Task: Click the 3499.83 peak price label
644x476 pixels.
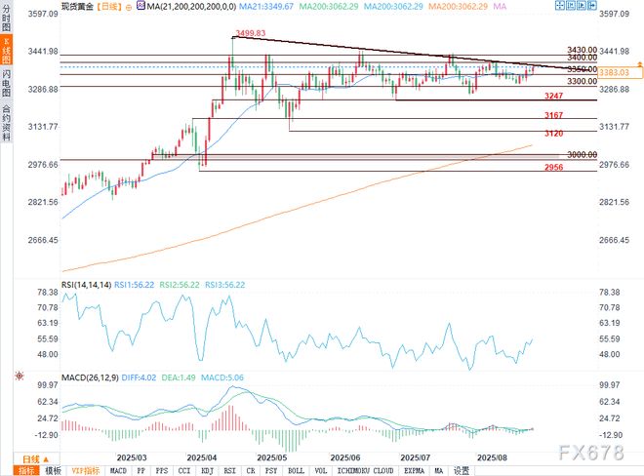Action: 249,32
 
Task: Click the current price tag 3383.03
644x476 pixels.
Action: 612,72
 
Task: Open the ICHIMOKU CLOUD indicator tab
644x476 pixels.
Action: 362,469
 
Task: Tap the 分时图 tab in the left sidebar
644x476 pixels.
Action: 8,22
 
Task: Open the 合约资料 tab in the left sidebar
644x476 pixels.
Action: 8,123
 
